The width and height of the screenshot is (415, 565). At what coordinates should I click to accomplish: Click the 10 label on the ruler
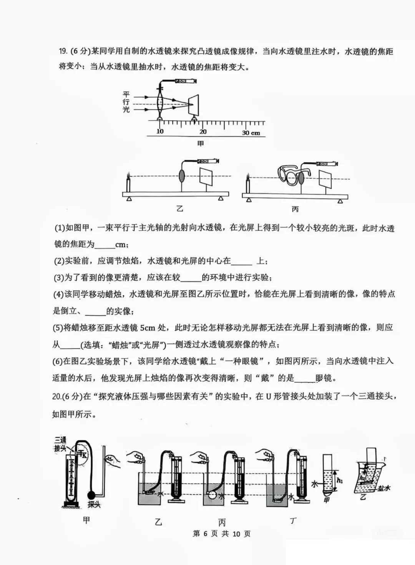coord(160,131)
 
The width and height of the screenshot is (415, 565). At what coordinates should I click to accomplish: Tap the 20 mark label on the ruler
coord(203,131)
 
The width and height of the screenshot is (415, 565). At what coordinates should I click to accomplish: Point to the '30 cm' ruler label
coord(251,133)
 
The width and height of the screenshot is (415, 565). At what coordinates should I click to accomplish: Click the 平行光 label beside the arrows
coord(126,102)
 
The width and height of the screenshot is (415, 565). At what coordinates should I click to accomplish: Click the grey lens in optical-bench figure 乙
coord(182,176)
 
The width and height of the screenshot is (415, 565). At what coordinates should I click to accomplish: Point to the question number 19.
coord(63,52)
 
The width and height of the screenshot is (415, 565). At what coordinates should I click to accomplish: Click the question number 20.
coord(56,397)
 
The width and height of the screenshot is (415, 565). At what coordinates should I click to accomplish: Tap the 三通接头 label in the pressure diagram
coord(60,444)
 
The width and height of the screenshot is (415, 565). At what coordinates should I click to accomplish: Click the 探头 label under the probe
coord(93,505)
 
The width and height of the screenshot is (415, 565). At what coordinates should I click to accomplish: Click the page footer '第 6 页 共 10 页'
coord(221,534)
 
